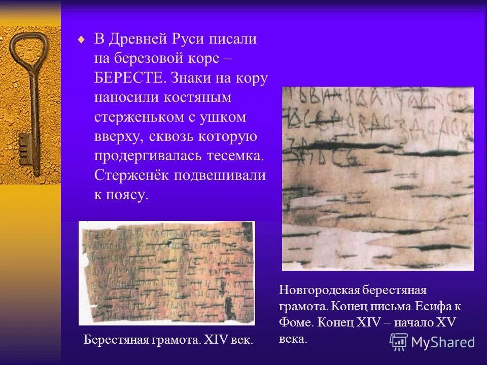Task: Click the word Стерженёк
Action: tap(130, 175)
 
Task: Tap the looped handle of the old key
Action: tap(29, 50)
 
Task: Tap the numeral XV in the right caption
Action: tap(446, 322)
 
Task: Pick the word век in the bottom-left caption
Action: tap(239, 339)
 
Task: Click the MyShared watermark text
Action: tap(443, 342)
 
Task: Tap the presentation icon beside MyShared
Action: tap(399, 342)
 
